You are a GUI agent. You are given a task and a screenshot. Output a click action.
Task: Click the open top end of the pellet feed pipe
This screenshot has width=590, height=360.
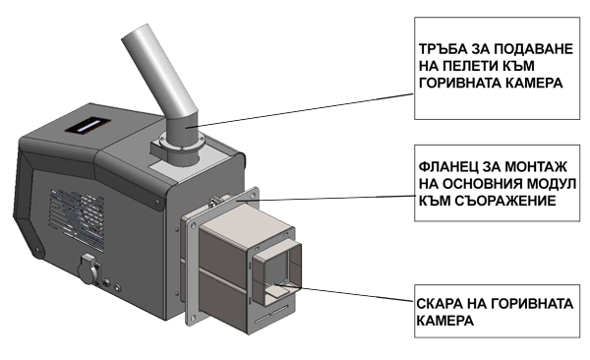[x=135, y=31]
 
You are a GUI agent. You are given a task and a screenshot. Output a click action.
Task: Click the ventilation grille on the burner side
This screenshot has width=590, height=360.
[x=78, y=219]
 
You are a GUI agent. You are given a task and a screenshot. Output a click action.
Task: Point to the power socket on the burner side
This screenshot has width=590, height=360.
[x=89, y=269]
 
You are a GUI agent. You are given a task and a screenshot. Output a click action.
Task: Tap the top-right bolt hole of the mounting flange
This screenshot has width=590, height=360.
[x=253, y=196]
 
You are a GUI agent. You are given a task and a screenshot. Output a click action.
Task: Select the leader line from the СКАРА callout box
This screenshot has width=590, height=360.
[x=344, y=292]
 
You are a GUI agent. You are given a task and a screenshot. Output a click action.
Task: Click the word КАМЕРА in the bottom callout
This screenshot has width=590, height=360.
[x=444, y=321]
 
